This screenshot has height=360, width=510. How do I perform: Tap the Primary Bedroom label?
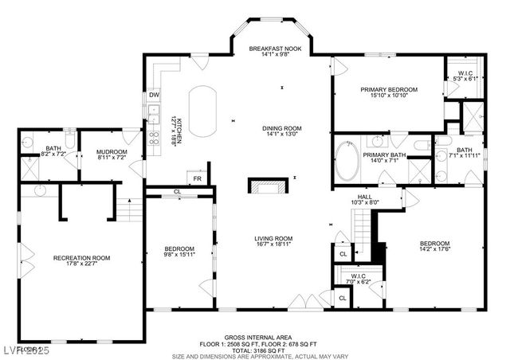(x=383, y=89)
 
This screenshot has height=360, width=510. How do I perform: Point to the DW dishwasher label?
(x=153, y=96)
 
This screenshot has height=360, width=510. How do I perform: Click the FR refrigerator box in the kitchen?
(x=196, y=179)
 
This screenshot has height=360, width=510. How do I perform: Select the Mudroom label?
(x=112, y=151)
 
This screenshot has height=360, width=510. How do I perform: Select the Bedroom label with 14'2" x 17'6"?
(x=434, y=244)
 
